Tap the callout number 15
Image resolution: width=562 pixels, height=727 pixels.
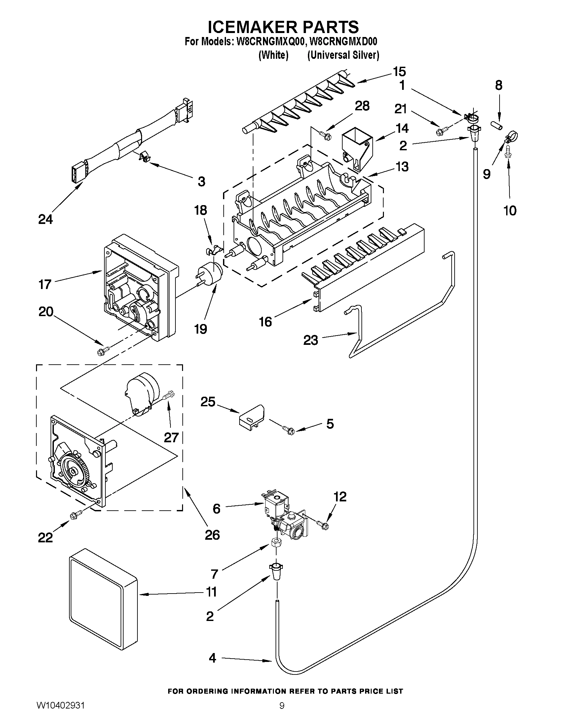point(399,72)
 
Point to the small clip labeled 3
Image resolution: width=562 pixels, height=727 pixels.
point(144,156)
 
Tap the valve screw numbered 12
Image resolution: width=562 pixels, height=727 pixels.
point(322,525)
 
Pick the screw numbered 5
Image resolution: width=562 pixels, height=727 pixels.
point(288,430)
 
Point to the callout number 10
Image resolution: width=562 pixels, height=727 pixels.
point(510,210)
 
